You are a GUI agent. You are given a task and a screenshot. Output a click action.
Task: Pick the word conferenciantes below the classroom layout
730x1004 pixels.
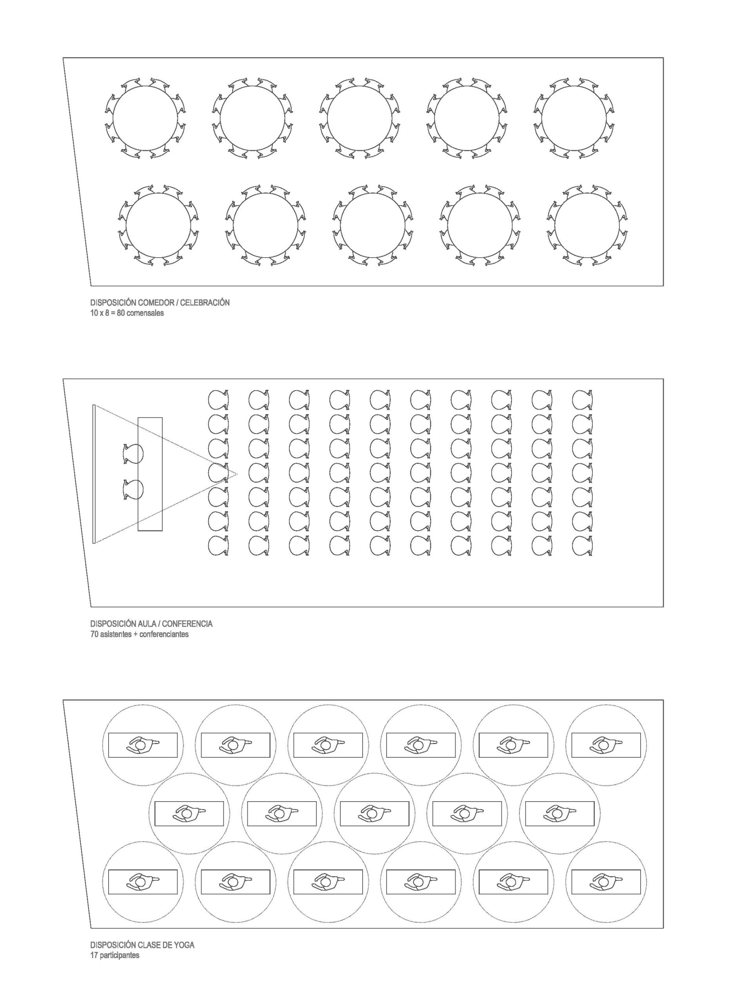pos(164,634)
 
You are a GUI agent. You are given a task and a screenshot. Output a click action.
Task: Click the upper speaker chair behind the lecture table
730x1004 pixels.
pos(133,454)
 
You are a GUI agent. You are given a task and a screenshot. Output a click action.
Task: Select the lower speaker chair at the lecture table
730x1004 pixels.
pos(133,489)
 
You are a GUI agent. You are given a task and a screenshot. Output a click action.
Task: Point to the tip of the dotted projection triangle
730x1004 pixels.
pos(237,474)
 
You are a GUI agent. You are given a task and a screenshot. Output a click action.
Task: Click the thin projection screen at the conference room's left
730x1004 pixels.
pos(94,474)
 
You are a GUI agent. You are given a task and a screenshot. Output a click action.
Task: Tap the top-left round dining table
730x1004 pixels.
pos(145,118)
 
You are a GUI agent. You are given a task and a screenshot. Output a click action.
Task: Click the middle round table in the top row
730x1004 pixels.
pos(360,118)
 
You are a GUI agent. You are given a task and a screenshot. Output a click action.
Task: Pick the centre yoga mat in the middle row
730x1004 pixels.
pos(374,814)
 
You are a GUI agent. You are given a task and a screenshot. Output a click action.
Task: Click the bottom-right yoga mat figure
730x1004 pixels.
pos(606,882)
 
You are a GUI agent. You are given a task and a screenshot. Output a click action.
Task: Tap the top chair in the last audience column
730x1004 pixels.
pos(582,399)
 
